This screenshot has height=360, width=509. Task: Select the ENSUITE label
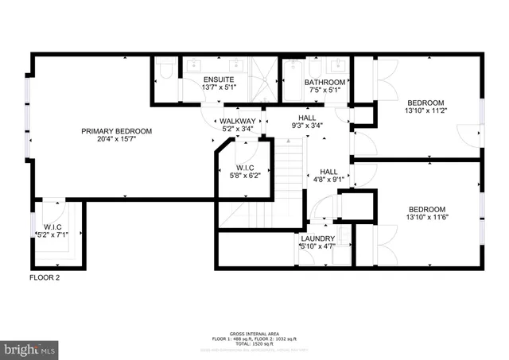tap(218, 79)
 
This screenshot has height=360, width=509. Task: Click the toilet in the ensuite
tap(165, 72)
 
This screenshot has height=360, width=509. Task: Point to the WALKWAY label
tap(237, 121)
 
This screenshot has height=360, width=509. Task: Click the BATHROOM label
tap(324, 82)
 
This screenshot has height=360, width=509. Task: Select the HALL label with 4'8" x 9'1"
tap(328, 172)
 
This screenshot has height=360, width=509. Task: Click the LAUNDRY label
tap(317, 238)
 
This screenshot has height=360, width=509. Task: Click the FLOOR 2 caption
tap(45, 277)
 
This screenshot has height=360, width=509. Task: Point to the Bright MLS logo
tap(30, 348)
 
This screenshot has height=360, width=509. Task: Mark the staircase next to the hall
tap(289, 171)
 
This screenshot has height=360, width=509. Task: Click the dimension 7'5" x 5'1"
tap(324, 90)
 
